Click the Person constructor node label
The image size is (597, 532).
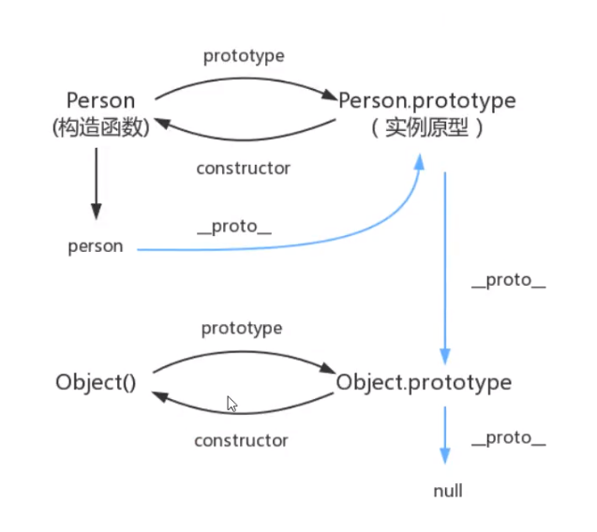(101, 100)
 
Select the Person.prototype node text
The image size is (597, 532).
(427, 99)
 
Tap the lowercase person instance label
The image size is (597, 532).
(96, 247)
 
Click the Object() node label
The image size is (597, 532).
(95, 382)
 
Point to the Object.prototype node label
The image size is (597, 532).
(424, 382)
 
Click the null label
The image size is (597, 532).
(448, 491)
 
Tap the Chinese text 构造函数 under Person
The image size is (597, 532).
(101, 127)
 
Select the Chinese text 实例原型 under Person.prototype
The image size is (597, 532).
(427, 127)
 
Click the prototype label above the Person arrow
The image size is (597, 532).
(244, 56)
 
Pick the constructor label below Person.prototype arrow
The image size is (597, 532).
(244, 169)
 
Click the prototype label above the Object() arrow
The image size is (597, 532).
(242, 329)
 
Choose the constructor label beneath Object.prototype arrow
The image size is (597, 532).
(242, 440)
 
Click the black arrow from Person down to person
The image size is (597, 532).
(96, 183)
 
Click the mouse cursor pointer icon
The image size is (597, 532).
(231, 405)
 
